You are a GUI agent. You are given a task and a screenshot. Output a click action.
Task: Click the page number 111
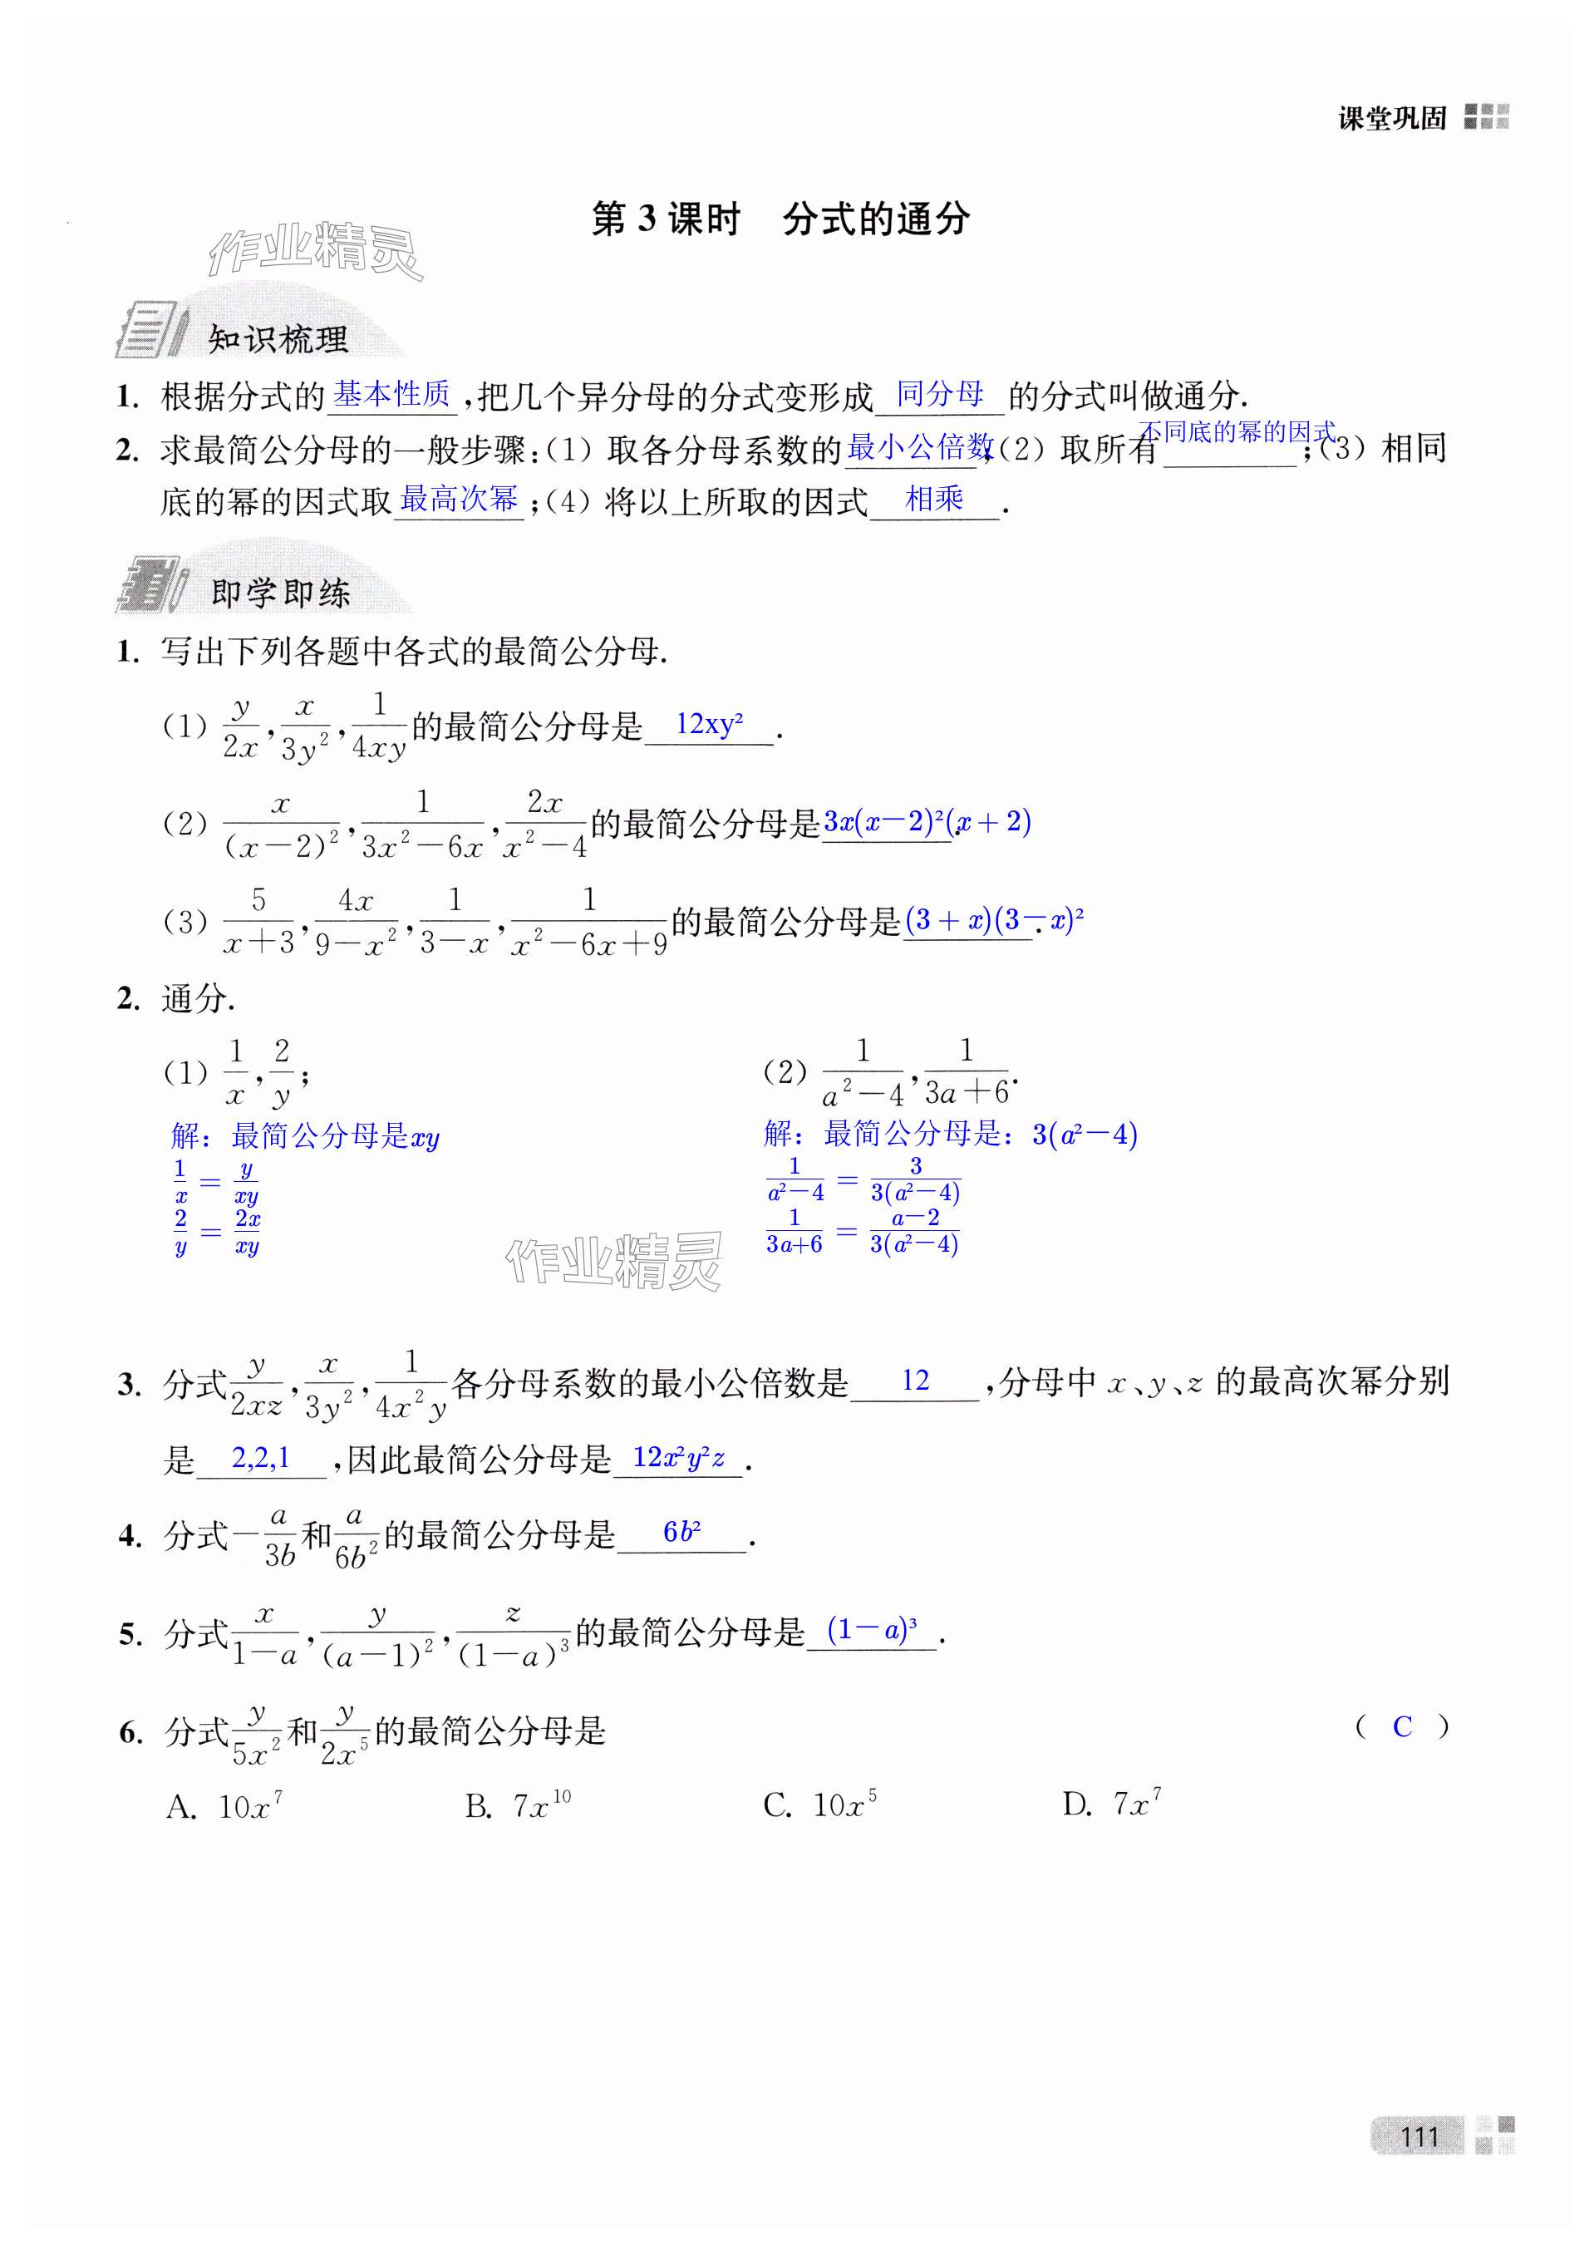coord(1419,2135)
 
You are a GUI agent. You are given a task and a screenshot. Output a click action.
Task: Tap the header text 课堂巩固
coord(1392,119)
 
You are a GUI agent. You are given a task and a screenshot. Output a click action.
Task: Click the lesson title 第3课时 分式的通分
coord(780,219)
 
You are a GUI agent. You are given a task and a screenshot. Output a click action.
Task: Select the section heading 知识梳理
coord(278,340)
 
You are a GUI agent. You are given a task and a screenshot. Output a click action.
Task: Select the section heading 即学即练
coord(281,593)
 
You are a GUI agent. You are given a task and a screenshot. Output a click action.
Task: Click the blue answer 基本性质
coord(391,395)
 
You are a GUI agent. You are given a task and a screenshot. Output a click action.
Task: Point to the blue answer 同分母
coord(939,394)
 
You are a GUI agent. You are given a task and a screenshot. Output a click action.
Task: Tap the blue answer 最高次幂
coord(459,499)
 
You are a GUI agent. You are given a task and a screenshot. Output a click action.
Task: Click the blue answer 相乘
coord(933,499)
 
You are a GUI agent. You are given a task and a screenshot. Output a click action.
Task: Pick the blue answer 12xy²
coord(709,725)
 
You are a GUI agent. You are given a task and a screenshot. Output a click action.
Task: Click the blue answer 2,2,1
coord(261,1458)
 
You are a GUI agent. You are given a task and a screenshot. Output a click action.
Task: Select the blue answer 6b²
coord(681,1531)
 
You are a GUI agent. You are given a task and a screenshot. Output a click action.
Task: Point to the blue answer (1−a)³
coord(872,1630)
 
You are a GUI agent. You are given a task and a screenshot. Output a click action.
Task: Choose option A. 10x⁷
coord(224,1804)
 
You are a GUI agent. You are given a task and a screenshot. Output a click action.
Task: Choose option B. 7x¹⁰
coord(517,1804)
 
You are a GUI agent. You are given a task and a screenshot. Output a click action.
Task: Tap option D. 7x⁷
coord(1112,1804)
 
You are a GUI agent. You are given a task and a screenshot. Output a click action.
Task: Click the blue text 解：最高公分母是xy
coord(305,1137)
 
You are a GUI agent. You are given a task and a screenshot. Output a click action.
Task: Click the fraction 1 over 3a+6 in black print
coord(966,1072)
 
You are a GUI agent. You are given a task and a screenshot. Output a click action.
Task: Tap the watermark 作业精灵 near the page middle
coord(613,1260)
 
